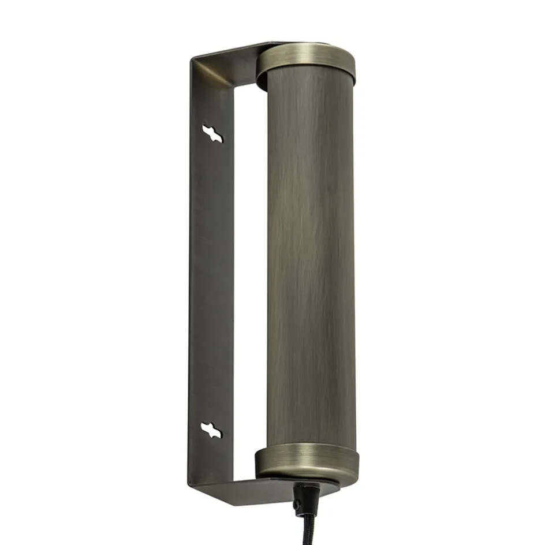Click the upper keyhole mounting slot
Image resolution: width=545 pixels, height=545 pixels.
(212, 133)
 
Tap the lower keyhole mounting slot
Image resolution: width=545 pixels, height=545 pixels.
(211, 430)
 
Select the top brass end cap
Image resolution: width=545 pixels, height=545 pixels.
(305, 63)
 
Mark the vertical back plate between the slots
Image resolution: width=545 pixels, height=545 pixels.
(211, 283)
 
